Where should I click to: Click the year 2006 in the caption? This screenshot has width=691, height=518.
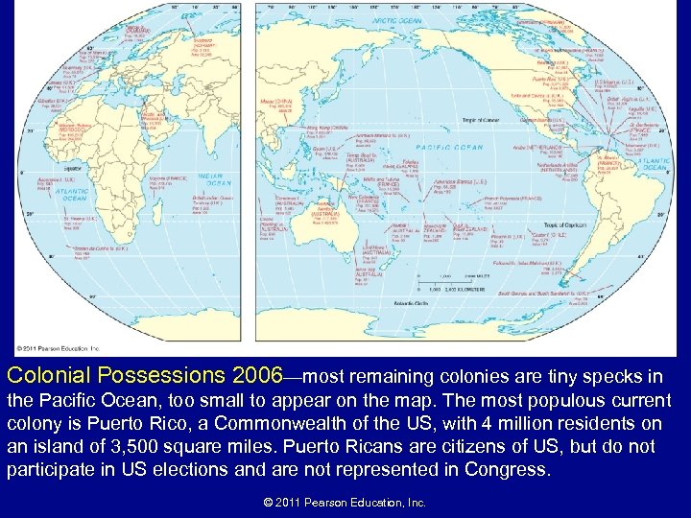pyautogui.click(x=257, y=370)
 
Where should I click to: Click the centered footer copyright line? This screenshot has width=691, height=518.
pyautogui.click(x=345, y=502)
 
